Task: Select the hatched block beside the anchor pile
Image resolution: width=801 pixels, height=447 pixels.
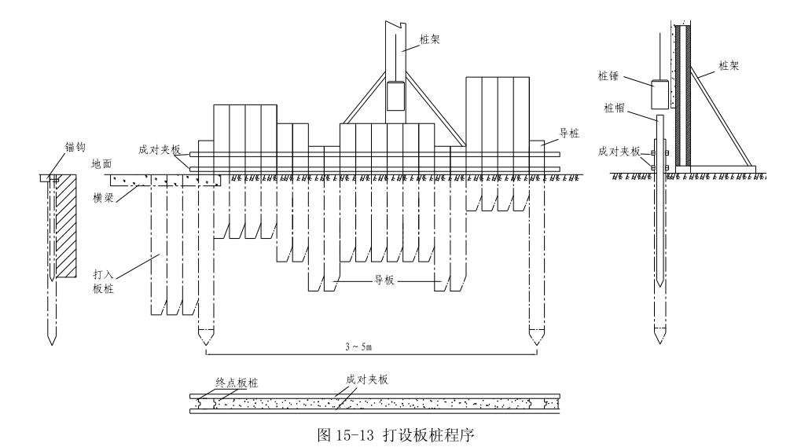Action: pyautogui.click(x=67, y=225)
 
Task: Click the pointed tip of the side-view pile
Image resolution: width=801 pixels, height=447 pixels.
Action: pyautogui.click(x=659, y=341)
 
